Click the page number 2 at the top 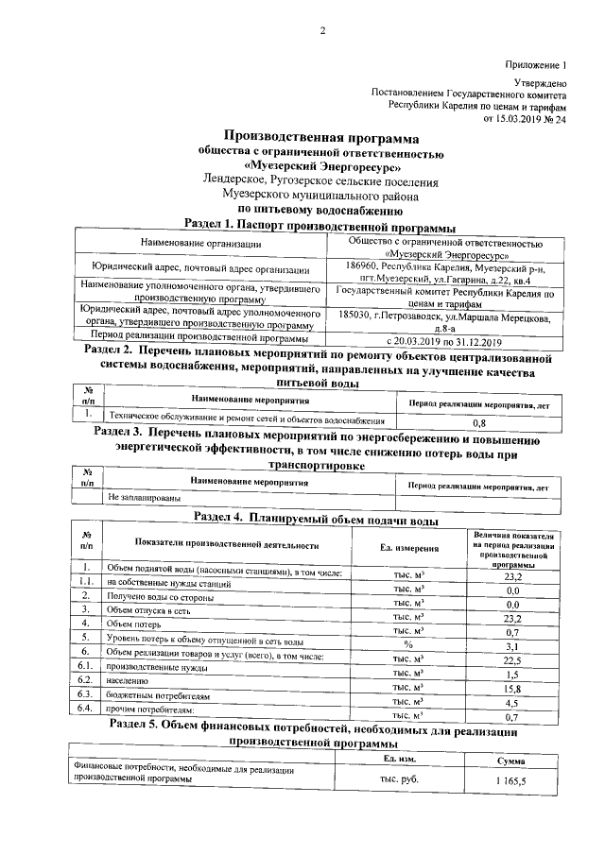321,30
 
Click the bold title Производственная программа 319,138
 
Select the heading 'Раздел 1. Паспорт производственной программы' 320,226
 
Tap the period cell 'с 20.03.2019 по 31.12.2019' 444,338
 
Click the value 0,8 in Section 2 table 479,423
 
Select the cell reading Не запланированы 143,496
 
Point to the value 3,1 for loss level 513,644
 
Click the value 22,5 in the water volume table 513,659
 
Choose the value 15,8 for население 513,689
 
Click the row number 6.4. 84,707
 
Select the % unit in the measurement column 408,644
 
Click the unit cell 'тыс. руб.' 400,778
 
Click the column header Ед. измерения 409,547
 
